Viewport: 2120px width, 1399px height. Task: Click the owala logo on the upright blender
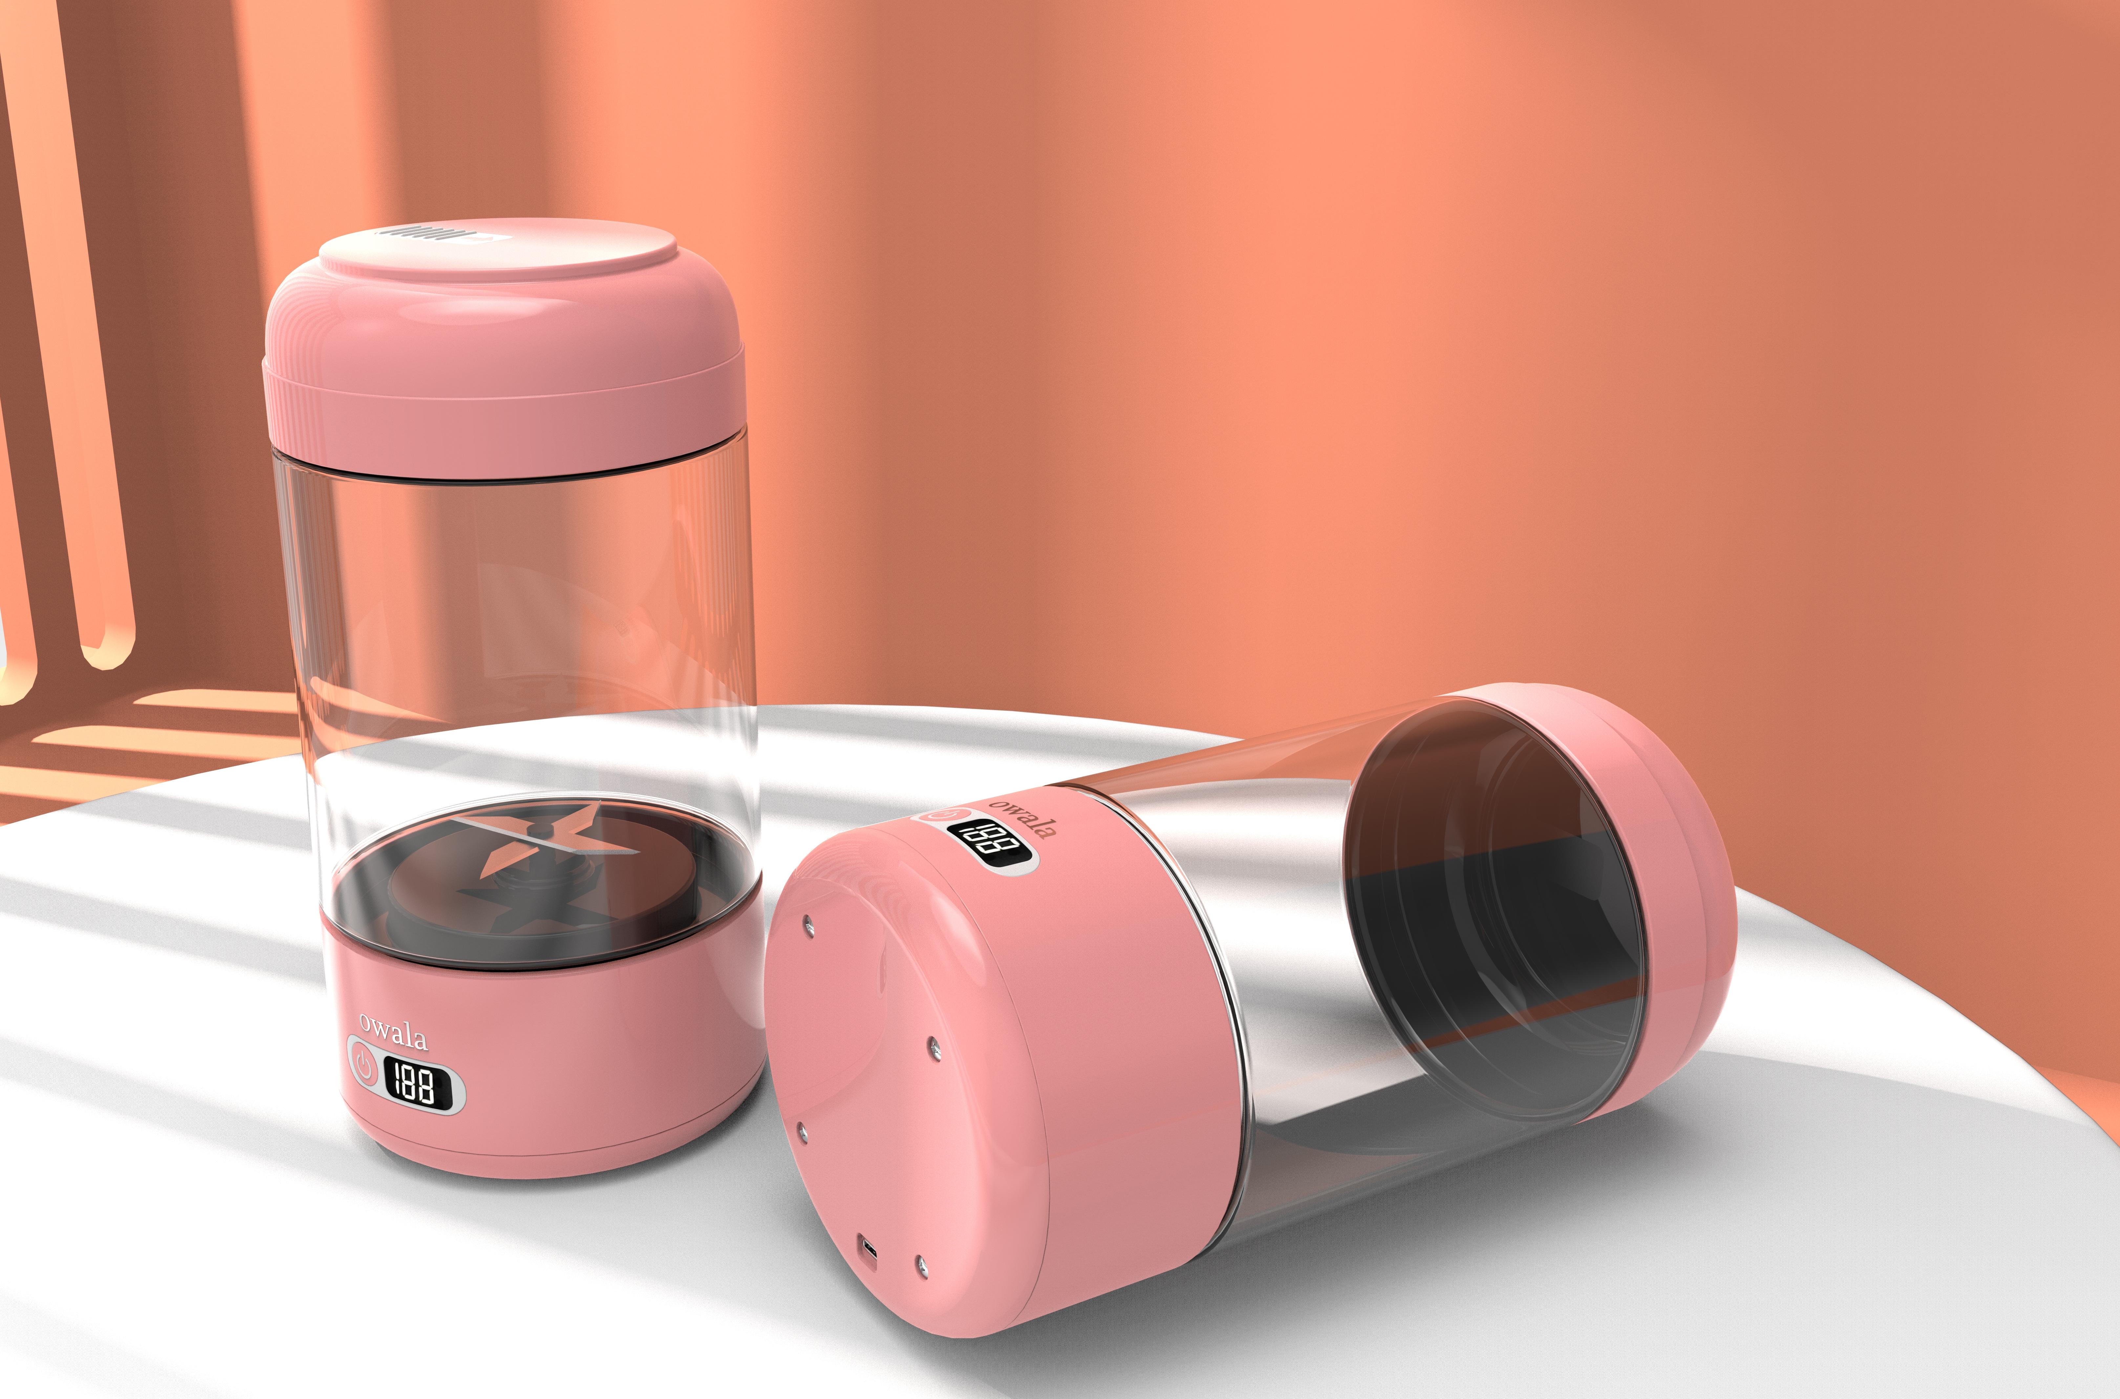[x=393, y=1032]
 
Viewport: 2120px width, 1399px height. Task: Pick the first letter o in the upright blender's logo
[x=366, y=1022]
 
